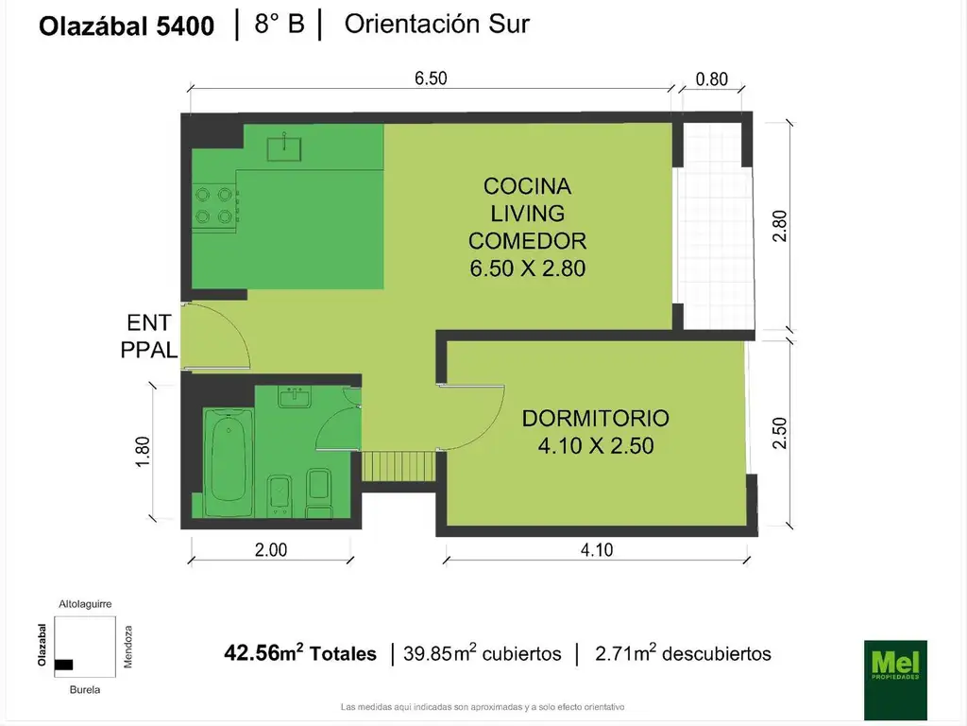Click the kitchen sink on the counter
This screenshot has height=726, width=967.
pyautogui.click(x=282, y=147)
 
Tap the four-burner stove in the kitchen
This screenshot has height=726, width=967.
pyautogui.click(x=213, y=204)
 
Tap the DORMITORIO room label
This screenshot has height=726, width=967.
pyautogui.click(x=595, y=418)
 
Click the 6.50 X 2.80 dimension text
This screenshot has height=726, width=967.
pyautogui.click(x=528, y=268)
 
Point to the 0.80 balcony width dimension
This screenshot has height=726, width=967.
pyautogui.click(x=711, y=79)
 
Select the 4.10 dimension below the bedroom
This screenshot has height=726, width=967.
pyautogui.click(x=596, y=550)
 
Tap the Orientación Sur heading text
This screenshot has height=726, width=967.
pyautogui.click(x=436, y=25)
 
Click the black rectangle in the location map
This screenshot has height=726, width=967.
pyautogui.click(x=63, y=665)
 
